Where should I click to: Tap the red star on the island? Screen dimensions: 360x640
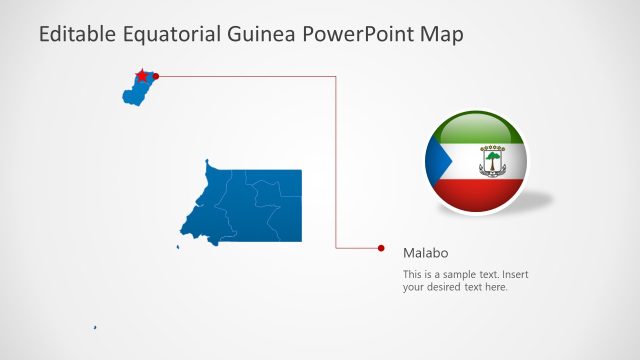[x=142, y=75]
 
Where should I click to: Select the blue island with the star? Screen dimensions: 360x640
[x=135, y=92]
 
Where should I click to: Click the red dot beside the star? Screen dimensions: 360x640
[x=156, y=75]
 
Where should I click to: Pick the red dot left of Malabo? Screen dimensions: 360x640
[x=381, y=247]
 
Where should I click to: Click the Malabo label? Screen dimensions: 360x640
[x=424, y=253]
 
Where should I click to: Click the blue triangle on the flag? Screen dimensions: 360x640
[x=436, y=162]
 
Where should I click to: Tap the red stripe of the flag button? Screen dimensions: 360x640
[x=477, y=196]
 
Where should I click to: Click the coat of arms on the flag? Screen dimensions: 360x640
[x=492, y=161]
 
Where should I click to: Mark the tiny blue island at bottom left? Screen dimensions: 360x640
[x=95, y=327]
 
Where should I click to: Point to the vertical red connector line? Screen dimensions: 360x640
[x=335, y=160]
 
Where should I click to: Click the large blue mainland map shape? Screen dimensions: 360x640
[x=255, y=205]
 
